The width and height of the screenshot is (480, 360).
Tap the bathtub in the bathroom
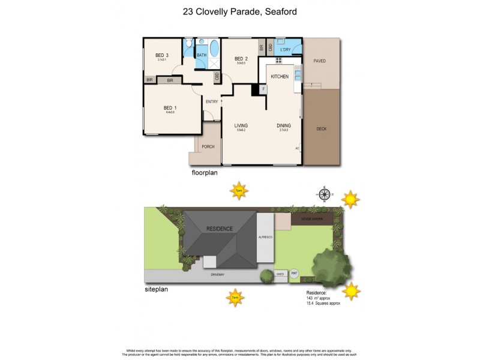[x=214, y=49]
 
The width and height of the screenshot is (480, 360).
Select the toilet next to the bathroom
[x=188, y=44]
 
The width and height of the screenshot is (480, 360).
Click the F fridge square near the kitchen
[x=262, y=89]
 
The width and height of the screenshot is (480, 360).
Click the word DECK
[x=322, y=128]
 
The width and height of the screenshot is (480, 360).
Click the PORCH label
[x=208, y=146]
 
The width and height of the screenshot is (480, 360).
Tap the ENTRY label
[x=212, y=101]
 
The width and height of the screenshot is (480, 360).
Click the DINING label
[x=284, y=125]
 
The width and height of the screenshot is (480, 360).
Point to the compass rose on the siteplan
[x=325, y=193]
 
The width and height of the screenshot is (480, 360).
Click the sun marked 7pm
[x=239, y=191]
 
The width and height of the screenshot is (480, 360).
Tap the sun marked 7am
[x=236, y=296]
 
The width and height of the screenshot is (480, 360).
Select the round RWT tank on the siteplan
[x=294, y=274]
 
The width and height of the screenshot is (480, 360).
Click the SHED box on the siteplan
[x=280, y=275]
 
